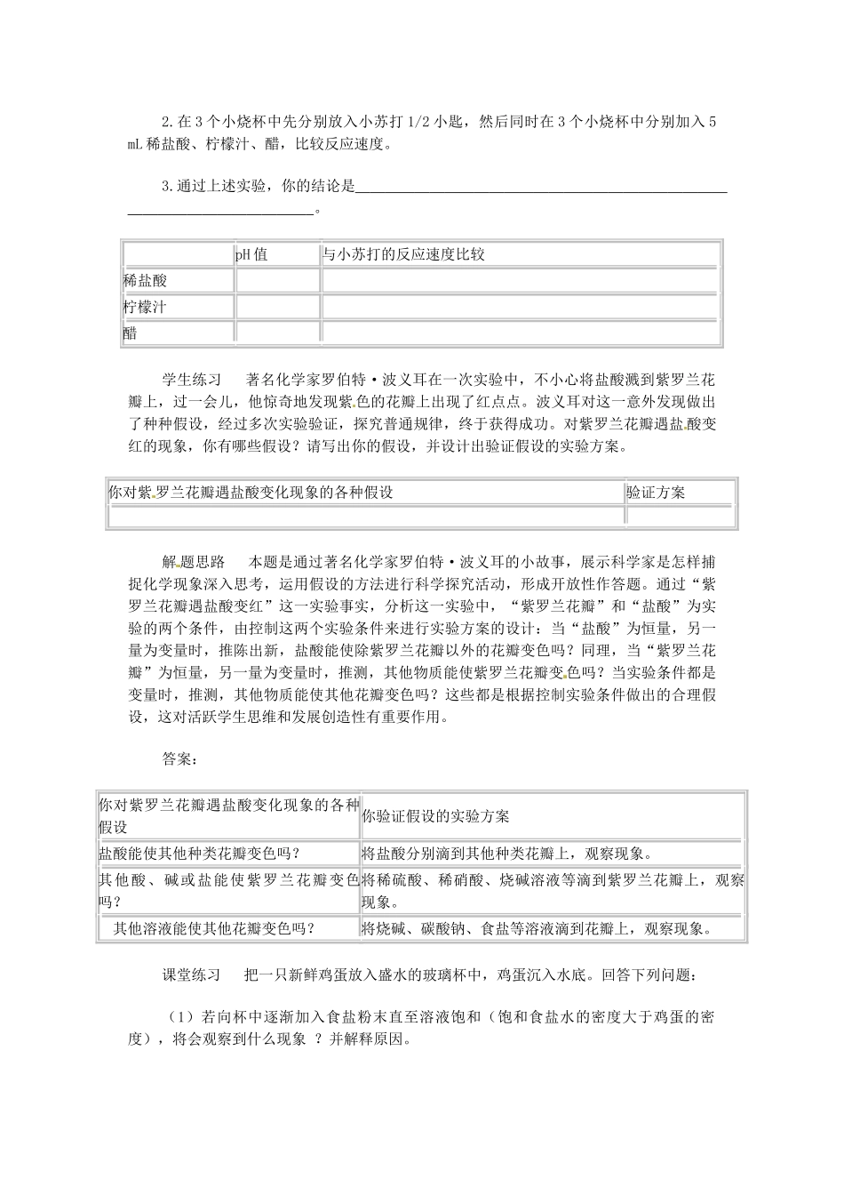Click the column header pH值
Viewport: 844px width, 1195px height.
pos(251,255)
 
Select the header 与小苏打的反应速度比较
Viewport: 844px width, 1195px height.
pos(403,255)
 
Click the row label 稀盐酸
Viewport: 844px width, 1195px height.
pos(146,281)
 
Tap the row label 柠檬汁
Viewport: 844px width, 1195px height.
pos(146,308)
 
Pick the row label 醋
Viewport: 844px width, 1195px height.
pos(131,333)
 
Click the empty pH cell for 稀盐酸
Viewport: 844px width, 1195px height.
pos(277,281)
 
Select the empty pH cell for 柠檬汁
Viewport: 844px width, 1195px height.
pos(277,308)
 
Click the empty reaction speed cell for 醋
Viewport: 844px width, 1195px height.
pos(519,333)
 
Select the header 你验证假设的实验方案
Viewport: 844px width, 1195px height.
pos(435,816)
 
